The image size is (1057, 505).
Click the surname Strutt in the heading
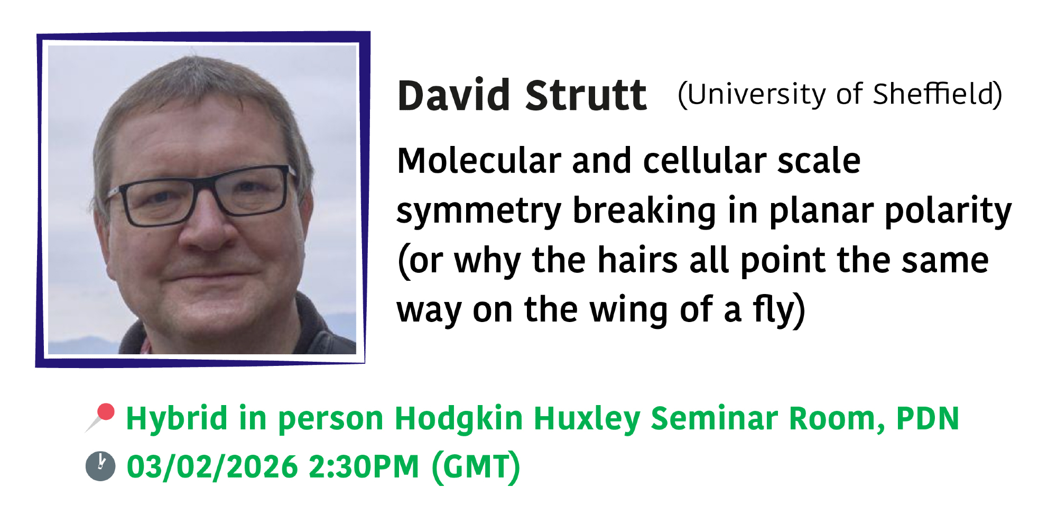(586, 96)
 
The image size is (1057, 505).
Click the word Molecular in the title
(479, 161)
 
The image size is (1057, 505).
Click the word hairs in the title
(637, 260)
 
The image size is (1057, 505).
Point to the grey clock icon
(100, 466)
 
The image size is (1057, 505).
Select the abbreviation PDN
(928, 419)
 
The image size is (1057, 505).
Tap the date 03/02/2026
(212, 467)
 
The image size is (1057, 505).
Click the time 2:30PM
(364, 467)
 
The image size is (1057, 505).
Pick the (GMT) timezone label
(476, 467)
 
